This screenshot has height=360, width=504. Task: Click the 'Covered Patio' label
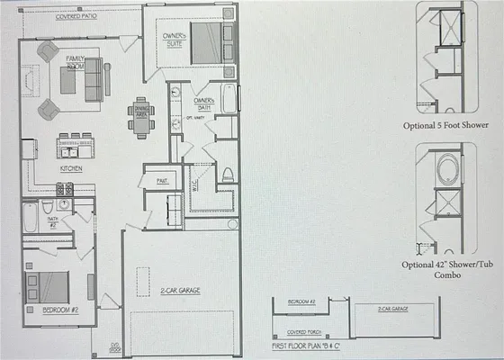(x=76, y=17)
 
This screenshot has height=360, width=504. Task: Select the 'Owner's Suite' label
(x=174, y=40)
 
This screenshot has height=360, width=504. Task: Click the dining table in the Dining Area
(x=140, y=117)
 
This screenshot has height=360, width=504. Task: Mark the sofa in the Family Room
(x=94, y=79)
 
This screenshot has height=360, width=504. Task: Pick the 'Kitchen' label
(x=72, y=168)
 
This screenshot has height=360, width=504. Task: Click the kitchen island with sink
(x=76, y=147)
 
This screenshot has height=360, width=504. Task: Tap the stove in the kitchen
(x=66, y=189)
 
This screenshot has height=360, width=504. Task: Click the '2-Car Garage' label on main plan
(x=180, y=292)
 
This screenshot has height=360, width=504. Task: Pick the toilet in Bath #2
(x=48, y=208)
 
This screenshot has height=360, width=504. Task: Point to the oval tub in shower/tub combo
(x=447, y=170)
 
